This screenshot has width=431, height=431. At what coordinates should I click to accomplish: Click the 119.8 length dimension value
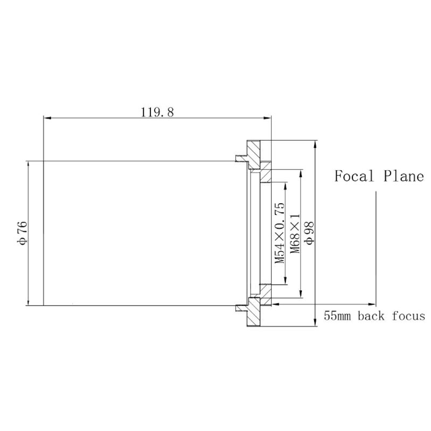pyautogui.click(x=157, y=112)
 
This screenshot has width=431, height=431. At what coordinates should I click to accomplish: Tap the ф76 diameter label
pyautogui.click(x=23, y=233)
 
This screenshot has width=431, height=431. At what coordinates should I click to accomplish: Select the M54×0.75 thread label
pyautogui.click(x=280, y=233)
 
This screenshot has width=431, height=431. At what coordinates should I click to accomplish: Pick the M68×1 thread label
pyautogui.click(x=295, y=234)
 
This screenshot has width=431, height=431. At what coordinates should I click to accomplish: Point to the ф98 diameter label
pyautogui.click(x=309, y=233)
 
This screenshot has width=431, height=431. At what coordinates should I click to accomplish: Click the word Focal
pyautogui.click(x=354, y=176)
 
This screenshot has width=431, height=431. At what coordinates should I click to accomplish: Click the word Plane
pyautogui.click(x=404, y=176)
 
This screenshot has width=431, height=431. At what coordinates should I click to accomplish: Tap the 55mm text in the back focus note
pyautogui.click(x=337, y=316)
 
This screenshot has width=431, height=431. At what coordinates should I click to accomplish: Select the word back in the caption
pyautogui.click(x=371, y=316)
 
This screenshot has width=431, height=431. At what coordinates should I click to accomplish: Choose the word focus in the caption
pyautogui.click(x=408, y=316)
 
